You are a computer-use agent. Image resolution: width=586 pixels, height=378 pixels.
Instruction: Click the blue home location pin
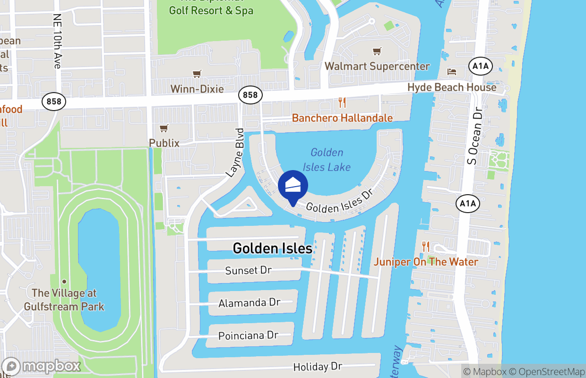coord(293,186)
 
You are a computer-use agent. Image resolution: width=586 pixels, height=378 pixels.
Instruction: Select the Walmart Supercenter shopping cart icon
coord(377,51)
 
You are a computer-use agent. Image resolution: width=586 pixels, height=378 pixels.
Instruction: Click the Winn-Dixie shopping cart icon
coord(197,74)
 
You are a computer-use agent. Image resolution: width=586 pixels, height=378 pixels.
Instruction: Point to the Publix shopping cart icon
coord(164,128)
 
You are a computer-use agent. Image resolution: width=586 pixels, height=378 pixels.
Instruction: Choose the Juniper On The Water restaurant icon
coord(426,247)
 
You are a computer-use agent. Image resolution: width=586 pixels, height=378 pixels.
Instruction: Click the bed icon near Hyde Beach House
coord(452,72)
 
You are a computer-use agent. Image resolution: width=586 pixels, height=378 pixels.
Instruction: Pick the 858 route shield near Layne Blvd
coord(250,95)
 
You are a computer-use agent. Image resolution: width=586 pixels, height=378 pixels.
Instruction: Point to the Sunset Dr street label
coord(249,271)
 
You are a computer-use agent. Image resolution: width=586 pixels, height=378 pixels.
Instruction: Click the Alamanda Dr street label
coord(249,303)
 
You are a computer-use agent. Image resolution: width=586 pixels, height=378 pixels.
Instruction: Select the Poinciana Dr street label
coord(248,335)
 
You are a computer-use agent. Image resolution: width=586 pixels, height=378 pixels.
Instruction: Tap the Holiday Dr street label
coord(317,367)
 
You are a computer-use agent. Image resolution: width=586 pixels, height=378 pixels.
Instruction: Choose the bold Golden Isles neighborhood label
coord(273,248)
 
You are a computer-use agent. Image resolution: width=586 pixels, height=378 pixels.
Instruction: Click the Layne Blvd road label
coord(235,153)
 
